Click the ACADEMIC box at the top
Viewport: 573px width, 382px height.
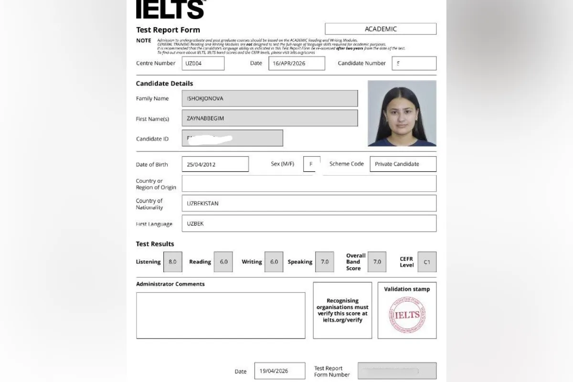click(381, 29)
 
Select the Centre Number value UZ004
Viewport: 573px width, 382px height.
click(203, 64)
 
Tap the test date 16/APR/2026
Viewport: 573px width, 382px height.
click(297, 64)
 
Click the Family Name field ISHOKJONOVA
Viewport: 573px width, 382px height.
click(269, 98)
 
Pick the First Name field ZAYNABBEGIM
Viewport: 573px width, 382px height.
click(269, 118)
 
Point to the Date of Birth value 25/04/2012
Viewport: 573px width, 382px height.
click(215, 164)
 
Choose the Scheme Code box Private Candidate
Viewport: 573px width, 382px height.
click(403, 164)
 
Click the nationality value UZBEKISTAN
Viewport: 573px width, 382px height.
click(308, 203)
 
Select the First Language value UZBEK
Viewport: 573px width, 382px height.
click(308, 223)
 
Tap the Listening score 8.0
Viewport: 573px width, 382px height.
click(172, 262)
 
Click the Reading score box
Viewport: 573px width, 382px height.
click(223, 262)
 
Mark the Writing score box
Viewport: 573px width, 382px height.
click(274, 262)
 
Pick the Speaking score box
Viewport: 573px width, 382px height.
click(325, 262)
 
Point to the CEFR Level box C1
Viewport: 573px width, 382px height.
click(427, 262)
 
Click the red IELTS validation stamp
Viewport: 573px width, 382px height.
click(407, 315)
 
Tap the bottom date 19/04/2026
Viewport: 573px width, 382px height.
click(279, 371)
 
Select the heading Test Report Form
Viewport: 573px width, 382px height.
click(168, 30)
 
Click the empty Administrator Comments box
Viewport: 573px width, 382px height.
click(221, 315)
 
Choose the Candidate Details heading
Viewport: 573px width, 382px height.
click(164, 84)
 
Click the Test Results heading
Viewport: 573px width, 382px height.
click(155, 244)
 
